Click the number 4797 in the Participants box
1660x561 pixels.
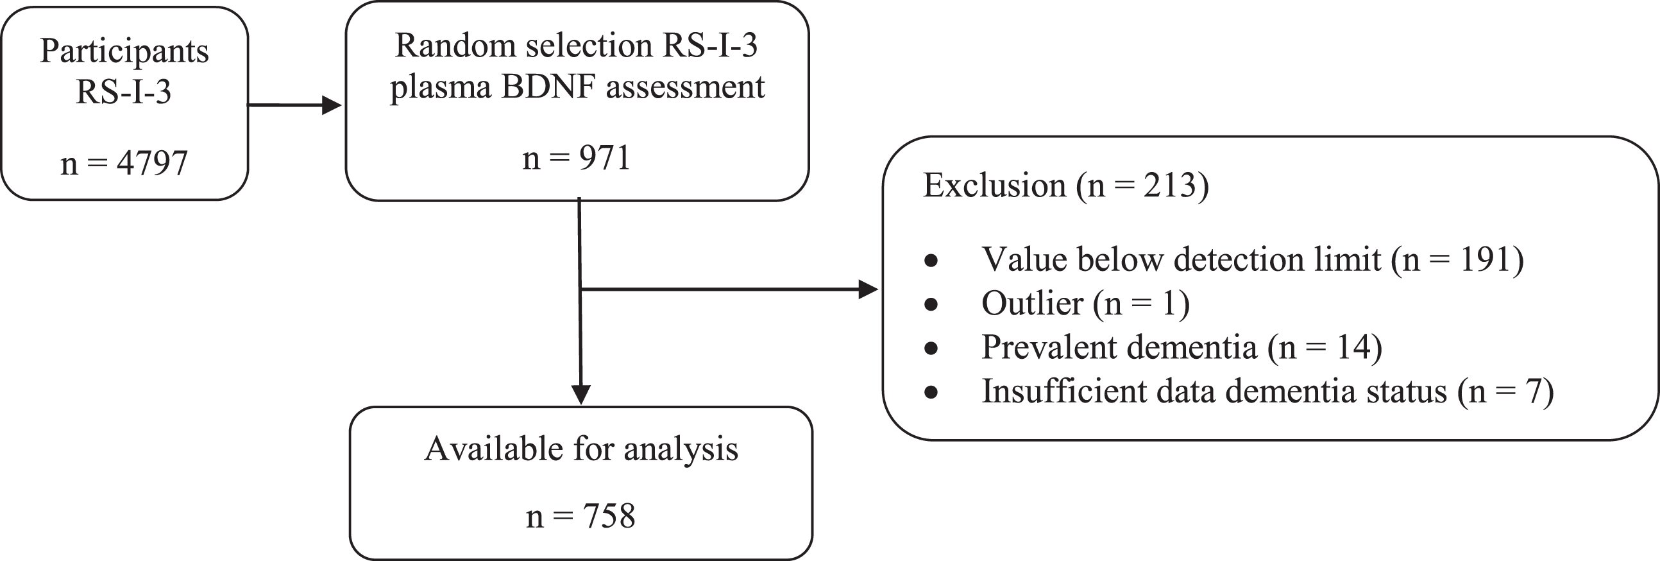click(152, 163)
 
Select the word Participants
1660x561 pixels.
click(124, 51)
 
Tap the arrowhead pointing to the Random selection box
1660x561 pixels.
click(331, 105)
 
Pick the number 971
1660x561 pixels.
click(604, 158)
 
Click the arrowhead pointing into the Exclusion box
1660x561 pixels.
click(868, 289)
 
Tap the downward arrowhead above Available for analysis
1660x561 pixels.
click(581, 395)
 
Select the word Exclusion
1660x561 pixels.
click(994, 186)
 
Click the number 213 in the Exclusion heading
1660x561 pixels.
click(1169, 186)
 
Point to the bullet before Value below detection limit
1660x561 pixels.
click(931, 261)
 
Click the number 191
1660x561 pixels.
click(1486, 260)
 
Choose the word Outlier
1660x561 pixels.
click(1032, 303)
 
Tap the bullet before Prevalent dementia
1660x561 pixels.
click(931, 348)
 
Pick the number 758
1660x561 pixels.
click(609, 517)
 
